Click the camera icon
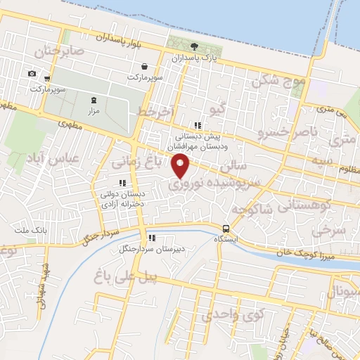pyautogui.click(x=32, y=73)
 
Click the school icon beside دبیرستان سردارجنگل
pyautogui.click(x=151, y=238)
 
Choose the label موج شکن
pyautogui.click(x=281, y=82)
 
